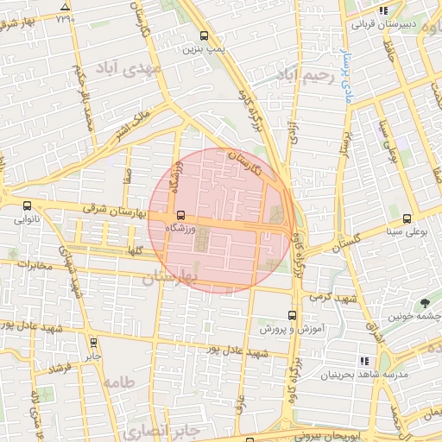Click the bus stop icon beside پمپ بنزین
coord(204,36)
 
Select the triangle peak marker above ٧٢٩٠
coord(66,5)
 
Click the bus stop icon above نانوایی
coord(28,206)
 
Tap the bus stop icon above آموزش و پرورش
coord(292,316)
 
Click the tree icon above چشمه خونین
coord(425,302)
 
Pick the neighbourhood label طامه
coord(119,381)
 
